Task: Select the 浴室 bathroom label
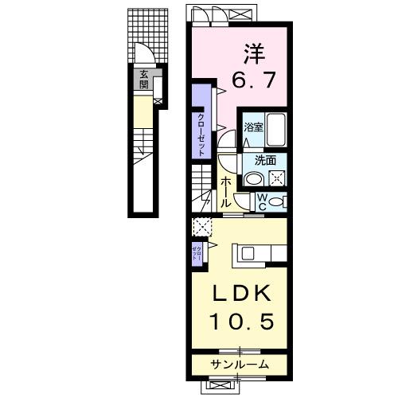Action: (x=253, y=127)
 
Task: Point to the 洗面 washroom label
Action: (x=266, y=159)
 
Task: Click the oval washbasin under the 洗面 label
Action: (x=256, y=178)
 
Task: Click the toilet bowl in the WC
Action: (x=276, y=202)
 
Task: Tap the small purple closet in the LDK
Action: (x=197, y=254)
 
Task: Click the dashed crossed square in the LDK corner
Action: (x=201, y=227)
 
